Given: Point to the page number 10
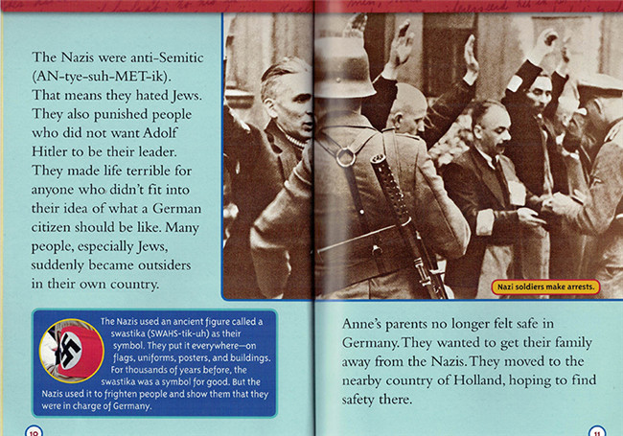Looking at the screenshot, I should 35,430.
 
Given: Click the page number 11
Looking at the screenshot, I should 596,430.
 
